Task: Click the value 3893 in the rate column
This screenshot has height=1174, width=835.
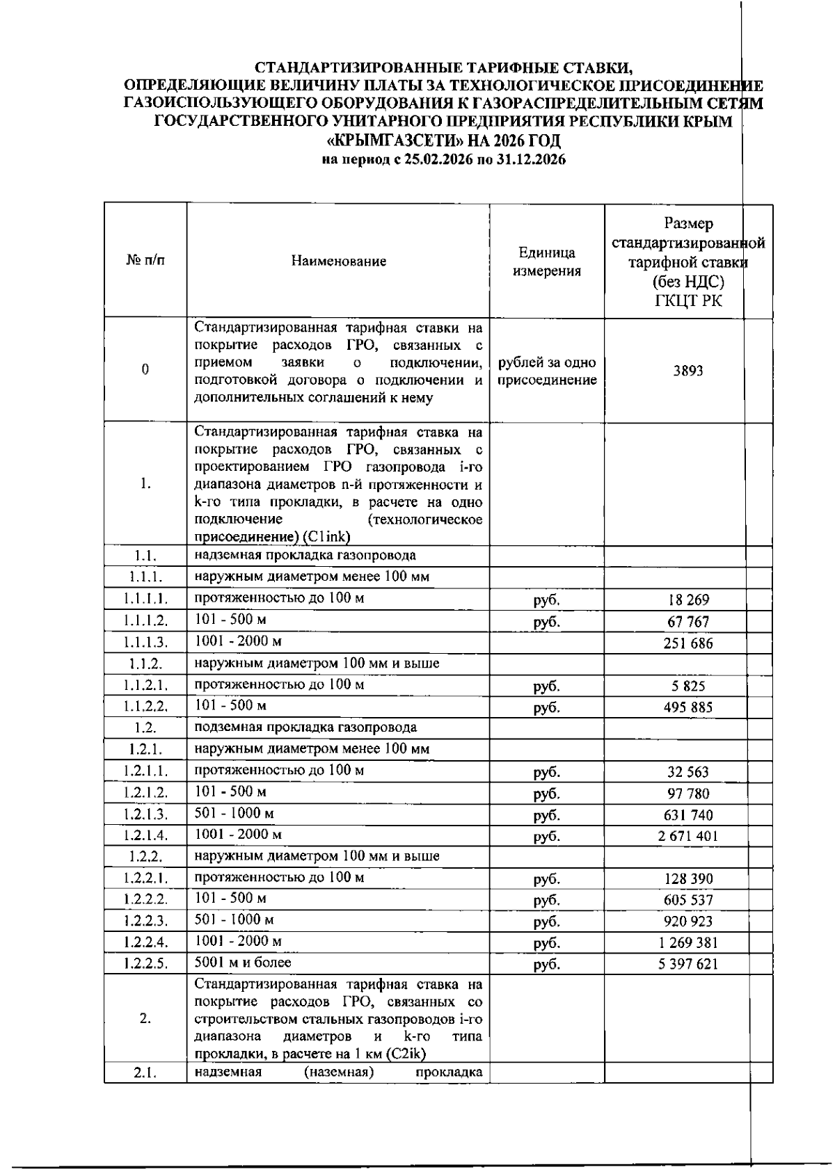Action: [x=687, y=371]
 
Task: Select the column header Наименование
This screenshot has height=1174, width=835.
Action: [x=338, y=262]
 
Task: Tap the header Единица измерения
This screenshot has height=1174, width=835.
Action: [x=546, y=262]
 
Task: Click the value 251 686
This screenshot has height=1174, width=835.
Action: [x=687, y=643]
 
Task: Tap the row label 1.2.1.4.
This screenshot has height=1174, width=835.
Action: [x=145, y=835]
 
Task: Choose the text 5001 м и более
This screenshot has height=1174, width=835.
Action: [x=243, y=963]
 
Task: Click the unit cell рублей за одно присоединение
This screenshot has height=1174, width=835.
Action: [x=546, y=371]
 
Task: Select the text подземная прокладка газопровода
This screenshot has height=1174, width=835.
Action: [x=305, y=727]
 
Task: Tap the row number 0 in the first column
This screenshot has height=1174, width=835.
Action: [x=145, y=370]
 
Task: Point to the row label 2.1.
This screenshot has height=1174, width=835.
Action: [x=145, y=1072]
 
